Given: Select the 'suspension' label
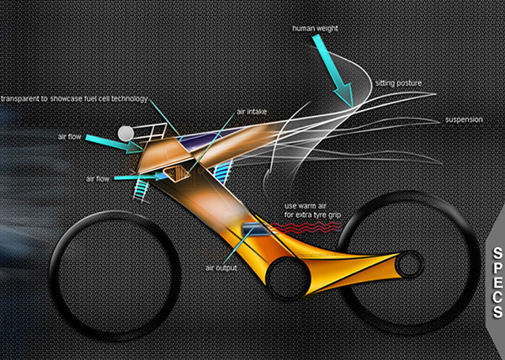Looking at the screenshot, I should click(464, 120).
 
